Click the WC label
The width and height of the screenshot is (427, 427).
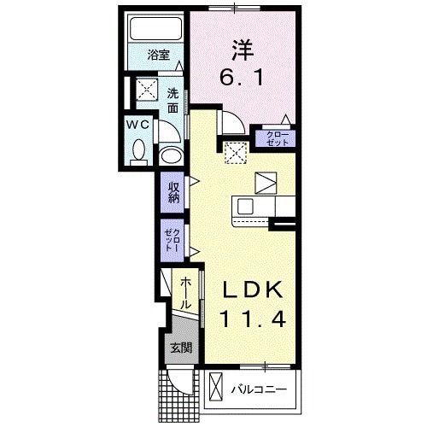click(x=140, y=126)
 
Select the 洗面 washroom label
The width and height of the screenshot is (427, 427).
click(x=173, y=101)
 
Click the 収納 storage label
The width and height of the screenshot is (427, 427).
click(x=173, y=192)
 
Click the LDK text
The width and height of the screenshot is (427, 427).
click(x=251, y=291)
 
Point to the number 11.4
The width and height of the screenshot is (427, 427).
click(x=251, y=320)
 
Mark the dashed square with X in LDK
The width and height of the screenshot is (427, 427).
click(x=235, y=152)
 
